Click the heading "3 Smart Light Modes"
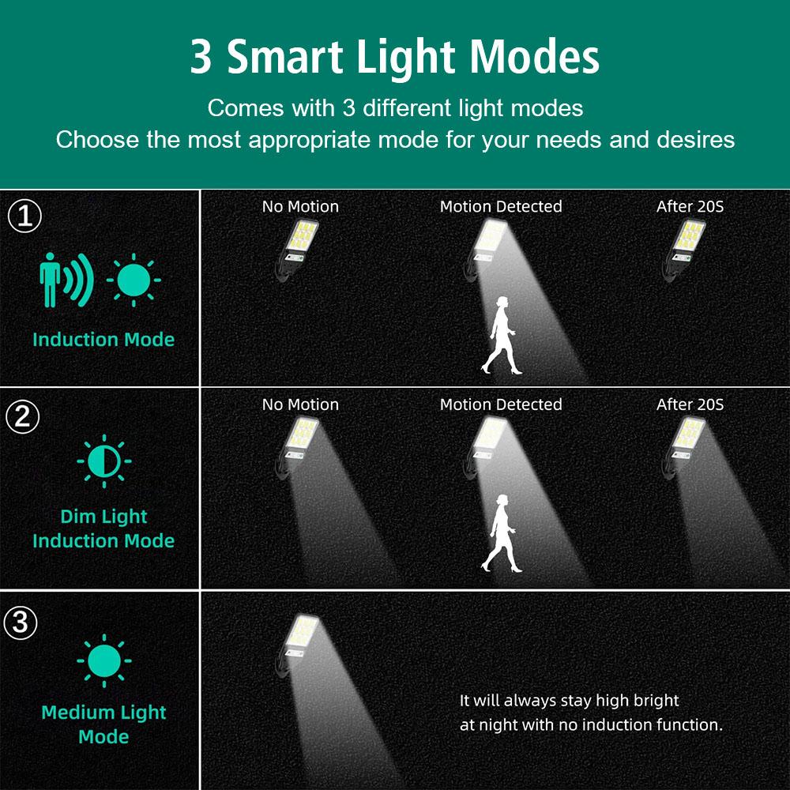click(394, 57)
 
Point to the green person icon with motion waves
click(65, 280)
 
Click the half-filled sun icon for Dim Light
click(103, 459)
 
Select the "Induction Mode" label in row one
click(103, 340)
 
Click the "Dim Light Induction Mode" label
click(103, 529)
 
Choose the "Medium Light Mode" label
click(103, 724)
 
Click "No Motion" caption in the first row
click(300, 207)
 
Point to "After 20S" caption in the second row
click(690, 404)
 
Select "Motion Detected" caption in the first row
click(501, 207)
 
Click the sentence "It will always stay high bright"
click(569, 700)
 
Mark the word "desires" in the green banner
click(696, 140)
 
